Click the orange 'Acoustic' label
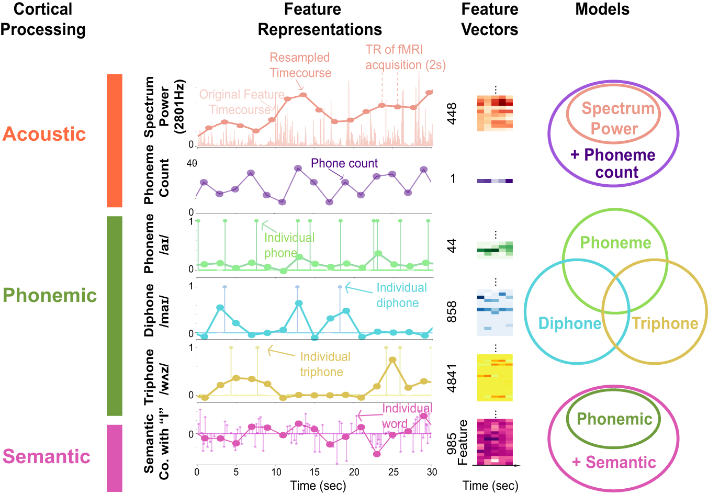tap(44, 134)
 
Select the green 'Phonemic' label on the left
tap(50, 296)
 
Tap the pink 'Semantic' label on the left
tap(47, 456)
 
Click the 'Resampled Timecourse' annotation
tap(300, 65)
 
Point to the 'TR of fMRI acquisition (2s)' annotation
tap(405, 57)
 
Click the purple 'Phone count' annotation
tap(344, 163)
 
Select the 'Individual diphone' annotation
tap(401, 295)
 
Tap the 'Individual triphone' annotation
tap(324, 364)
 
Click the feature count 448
tap(451, 114)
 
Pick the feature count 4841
tap(451, 378)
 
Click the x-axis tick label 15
tap(314, 472)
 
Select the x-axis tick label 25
tap(393, 472)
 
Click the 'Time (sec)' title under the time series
tap(318, 486)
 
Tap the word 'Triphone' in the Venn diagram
tap(665, 323)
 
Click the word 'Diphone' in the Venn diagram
tap(569, 323)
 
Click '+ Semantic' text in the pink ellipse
tap(614, 462)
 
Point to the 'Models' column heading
tap(602, 9)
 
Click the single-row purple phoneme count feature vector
tap(495, 181)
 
